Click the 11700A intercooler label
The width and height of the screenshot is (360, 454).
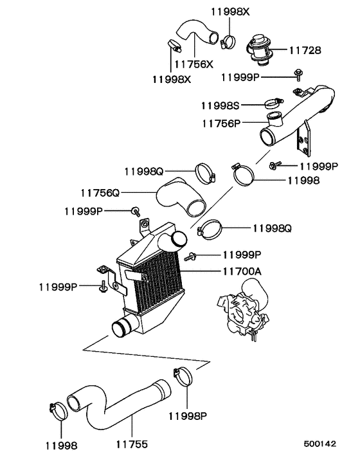[242, 271]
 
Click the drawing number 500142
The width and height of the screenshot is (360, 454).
[319, 444]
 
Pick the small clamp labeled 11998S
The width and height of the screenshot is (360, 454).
[273, 102]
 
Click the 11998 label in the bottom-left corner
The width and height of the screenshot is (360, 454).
[61, 444]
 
